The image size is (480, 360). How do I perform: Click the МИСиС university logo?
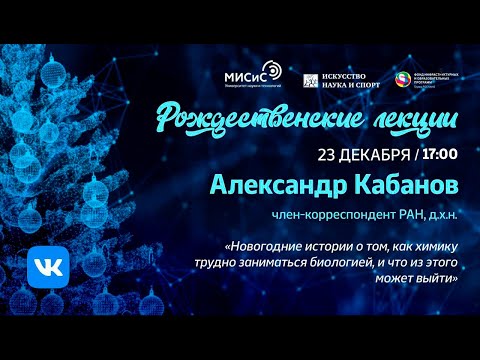click(x=252, y=76)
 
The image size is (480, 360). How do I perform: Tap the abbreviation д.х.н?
click(x=443, y=215)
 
